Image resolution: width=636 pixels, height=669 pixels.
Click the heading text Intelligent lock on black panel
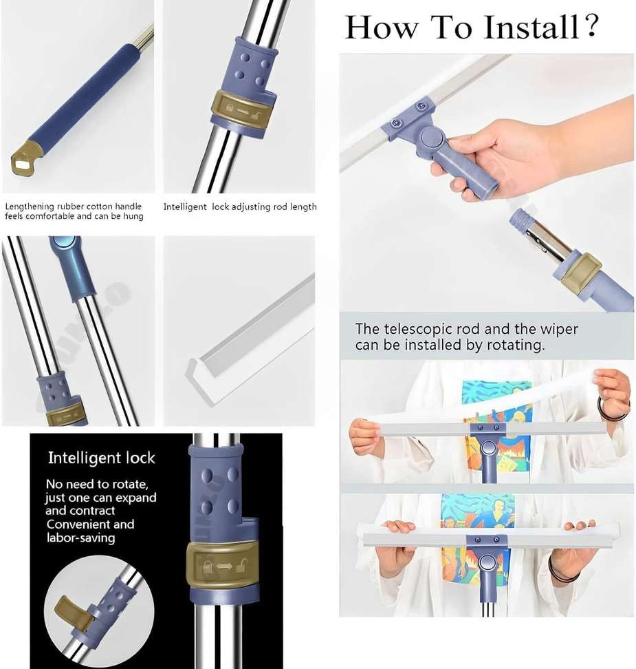pyautogui.click(x=102, y=458)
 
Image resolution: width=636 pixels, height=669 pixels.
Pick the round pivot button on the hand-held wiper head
pyautogui.click(x=432, y=138)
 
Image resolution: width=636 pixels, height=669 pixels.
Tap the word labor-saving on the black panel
pyautogui.click(x=80, y=538)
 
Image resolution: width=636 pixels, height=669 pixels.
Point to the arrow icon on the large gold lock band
pyautogui.click(x=224, y=566)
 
